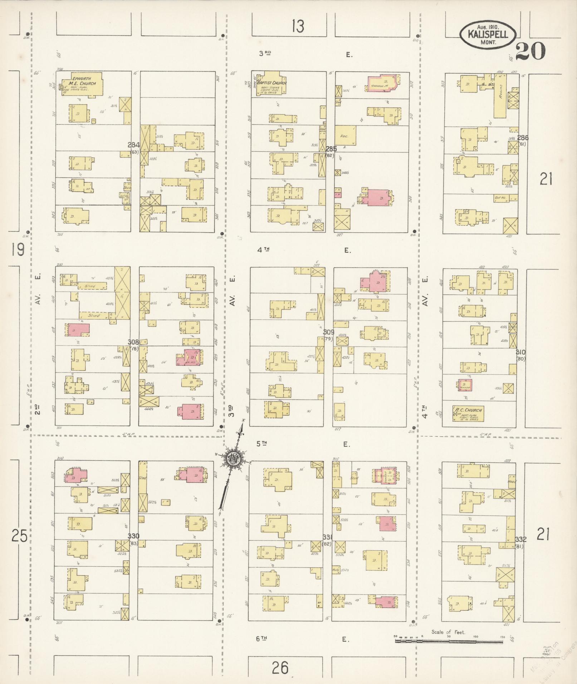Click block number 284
click(x=134, y=145)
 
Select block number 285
click(x=331, y=148)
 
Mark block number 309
click(x=329, y=332)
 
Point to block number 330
click(x=134, y=535)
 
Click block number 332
click(x=521, y=539)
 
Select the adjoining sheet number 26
click(x=280, y=667)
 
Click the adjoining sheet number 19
click(x=17, y=249)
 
